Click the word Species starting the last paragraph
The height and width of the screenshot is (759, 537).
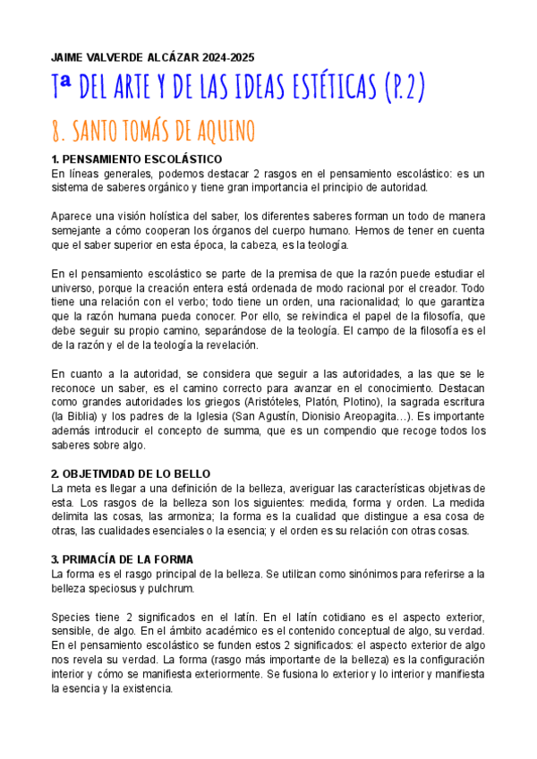point(72,618)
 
